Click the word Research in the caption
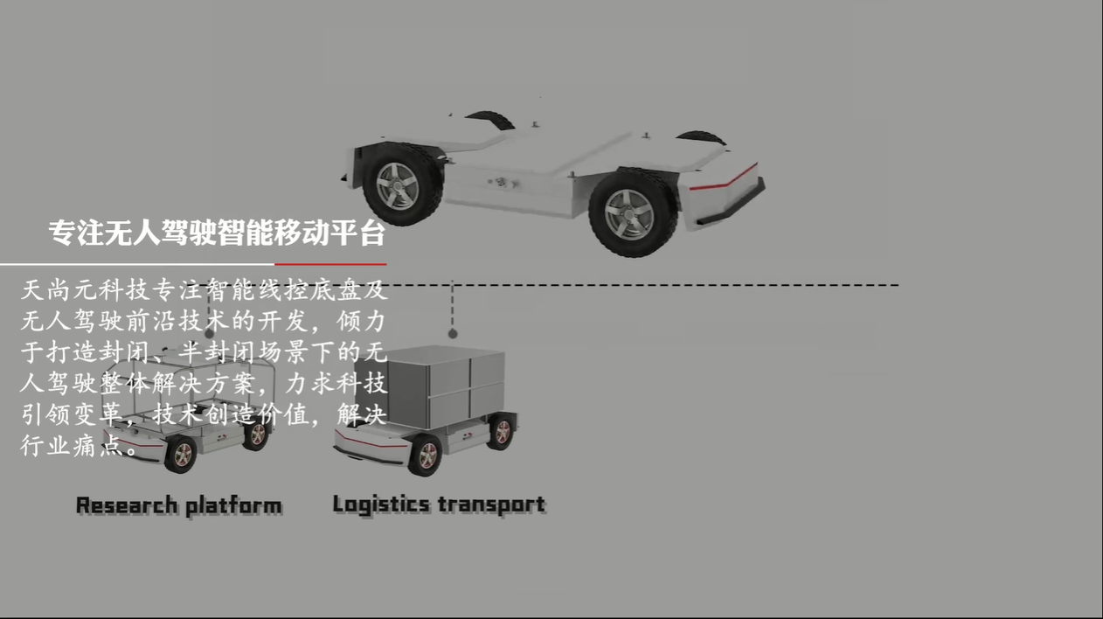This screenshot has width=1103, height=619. (127, 505)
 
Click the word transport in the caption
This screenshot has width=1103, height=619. (492, 504)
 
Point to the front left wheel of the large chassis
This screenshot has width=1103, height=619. (632, 213)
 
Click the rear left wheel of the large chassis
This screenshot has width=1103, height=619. (401, 184)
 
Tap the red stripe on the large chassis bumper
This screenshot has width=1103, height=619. (724, 178)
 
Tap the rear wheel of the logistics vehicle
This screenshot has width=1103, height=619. (502, 432)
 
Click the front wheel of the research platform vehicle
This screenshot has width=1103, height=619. (182, 454)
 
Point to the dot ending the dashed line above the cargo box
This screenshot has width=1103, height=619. (453, 334)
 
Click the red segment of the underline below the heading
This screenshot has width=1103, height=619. (330, 264)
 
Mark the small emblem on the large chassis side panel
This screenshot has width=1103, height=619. (501, 183)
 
